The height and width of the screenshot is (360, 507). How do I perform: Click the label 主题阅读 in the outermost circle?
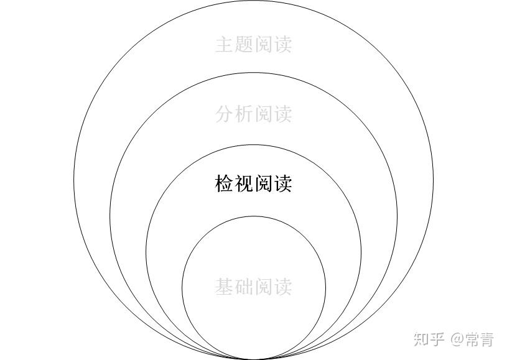(x=253, y=45)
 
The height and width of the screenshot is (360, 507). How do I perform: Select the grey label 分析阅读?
(x=253, y=114)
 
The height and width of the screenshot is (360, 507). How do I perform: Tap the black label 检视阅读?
(x=253, y=183)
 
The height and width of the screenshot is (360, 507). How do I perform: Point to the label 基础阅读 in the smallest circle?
(x=253, y=287)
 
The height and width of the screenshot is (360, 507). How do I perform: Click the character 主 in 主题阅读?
(x=225, y=45)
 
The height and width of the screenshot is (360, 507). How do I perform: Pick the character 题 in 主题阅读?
(x=244, y=45)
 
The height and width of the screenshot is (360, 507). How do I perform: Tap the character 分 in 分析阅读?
(x=225, y=114)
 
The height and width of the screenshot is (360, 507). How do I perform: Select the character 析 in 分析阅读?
(x=244, y=114)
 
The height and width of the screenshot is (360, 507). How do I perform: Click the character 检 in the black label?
(x=225, y=183)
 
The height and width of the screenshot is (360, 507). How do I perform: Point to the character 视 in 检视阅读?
(x=244, y=183)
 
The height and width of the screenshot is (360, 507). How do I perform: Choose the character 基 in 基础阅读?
(x=225, y=287)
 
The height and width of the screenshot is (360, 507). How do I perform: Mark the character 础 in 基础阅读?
(x=244, y=287)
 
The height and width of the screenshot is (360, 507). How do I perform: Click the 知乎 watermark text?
(x=429, y=339)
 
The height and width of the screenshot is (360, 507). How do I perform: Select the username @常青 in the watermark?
(x=472, y=339)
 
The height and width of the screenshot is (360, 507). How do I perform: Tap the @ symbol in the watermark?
(x=457, y=339)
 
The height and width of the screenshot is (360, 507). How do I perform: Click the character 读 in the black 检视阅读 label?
(x=282, y=183)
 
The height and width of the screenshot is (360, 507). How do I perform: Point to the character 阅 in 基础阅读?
(x=263, y=287)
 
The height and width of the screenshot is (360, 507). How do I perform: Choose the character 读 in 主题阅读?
(x=282, y=45)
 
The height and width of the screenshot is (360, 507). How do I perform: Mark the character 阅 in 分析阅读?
(x=263, y=114)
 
